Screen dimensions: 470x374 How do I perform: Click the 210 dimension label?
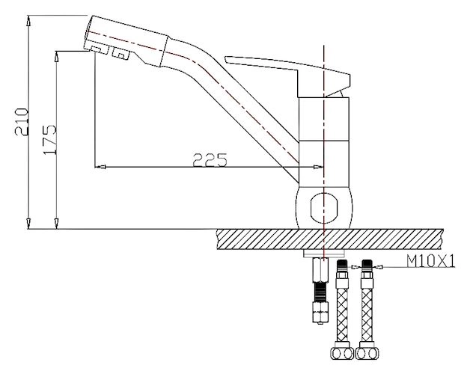tap(22, 122)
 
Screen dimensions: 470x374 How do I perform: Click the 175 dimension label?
tap(49, 140)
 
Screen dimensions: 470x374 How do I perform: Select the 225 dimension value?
tap(210, 160)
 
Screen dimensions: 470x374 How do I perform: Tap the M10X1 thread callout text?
tap(430, 261)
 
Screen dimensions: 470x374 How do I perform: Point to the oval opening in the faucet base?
tap(324, 208)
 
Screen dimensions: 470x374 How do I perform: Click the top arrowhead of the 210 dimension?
tap(28, 21)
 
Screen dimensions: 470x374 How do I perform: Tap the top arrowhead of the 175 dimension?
tap(56, 57)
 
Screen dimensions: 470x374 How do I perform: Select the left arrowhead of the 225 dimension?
tap(100, 167)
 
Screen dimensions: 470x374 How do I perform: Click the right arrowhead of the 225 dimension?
tap(318, 167)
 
